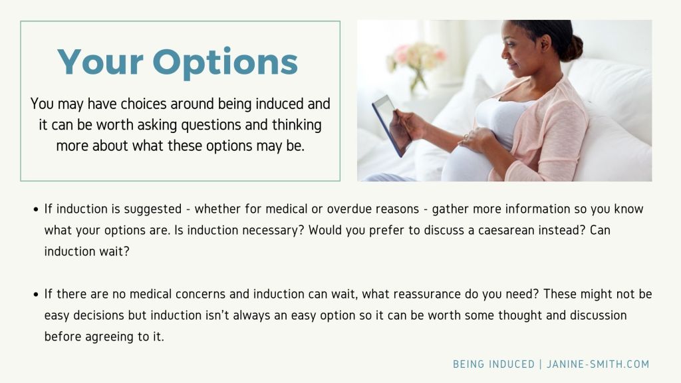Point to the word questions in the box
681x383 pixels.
point(212,125)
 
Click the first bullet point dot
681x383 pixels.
point(35,209)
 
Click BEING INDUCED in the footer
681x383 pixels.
point(493,364)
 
